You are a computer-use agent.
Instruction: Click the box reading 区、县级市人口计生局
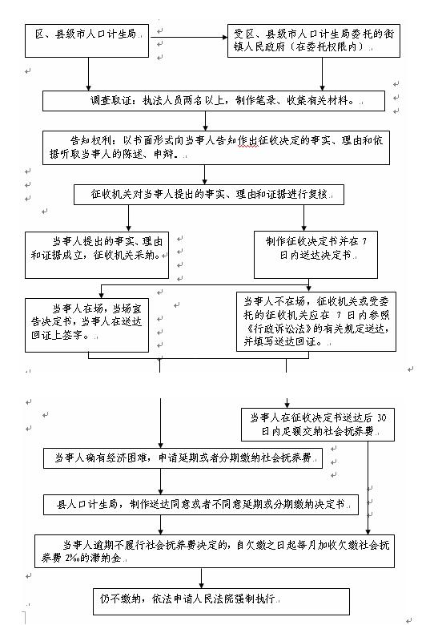[86, 41]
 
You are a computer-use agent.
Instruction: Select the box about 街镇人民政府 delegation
[314, 41]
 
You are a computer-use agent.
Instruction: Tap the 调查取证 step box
[214, 101]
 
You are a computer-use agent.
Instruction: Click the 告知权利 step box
[216, 147]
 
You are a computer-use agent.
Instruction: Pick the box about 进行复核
[209, 195]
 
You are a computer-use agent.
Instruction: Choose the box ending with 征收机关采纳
[97, 255]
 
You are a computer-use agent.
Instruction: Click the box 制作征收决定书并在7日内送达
[315, 255]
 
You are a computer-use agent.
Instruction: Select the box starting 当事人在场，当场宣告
[86, 325]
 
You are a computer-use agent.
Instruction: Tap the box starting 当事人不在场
[316, 321]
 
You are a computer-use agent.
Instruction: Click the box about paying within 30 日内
[318, 425]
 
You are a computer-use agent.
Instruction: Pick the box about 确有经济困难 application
[183, 458]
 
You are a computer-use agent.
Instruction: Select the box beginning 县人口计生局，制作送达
[201, 505]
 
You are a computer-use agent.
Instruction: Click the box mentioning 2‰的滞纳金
[215, 551]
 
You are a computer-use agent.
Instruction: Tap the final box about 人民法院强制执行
[221, 602]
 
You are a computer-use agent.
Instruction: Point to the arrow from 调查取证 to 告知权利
[205, 121]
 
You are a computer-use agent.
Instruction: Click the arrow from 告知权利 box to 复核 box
[204, 175]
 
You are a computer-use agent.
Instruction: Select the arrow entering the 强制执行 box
[201, 578]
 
